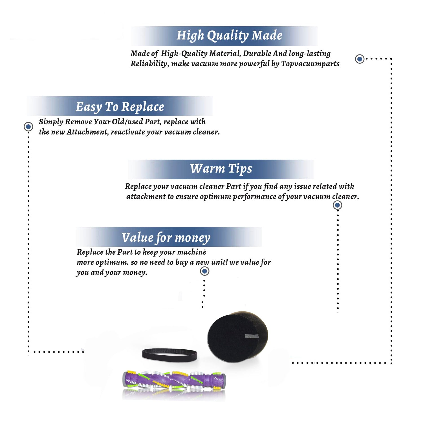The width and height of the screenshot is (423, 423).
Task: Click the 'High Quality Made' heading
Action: point(229,36)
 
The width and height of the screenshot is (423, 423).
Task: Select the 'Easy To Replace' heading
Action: point(120,107)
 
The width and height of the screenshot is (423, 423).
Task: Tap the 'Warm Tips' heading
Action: point(221,169)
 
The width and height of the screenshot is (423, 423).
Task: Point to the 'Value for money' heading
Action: point(166,238)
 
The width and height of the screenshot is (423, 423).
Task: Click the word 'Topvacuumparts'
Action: point(310,64)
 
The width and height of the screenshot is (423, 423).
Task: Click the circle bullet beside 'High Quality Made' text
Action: point(360,59)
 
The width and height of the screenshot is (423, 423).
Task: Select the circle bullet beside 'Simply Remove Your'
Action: point(28,127)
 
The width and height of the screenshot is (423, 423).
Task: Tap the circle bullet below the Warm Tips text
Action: point(337,205)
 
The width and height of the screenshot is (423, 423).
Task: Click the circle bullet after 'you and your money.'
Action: point(204,271)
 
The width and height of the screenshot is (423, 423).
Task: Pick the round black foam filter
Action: point(237,337)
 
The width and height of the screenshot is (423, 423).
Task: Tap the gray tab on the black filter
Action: point(252,336)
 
